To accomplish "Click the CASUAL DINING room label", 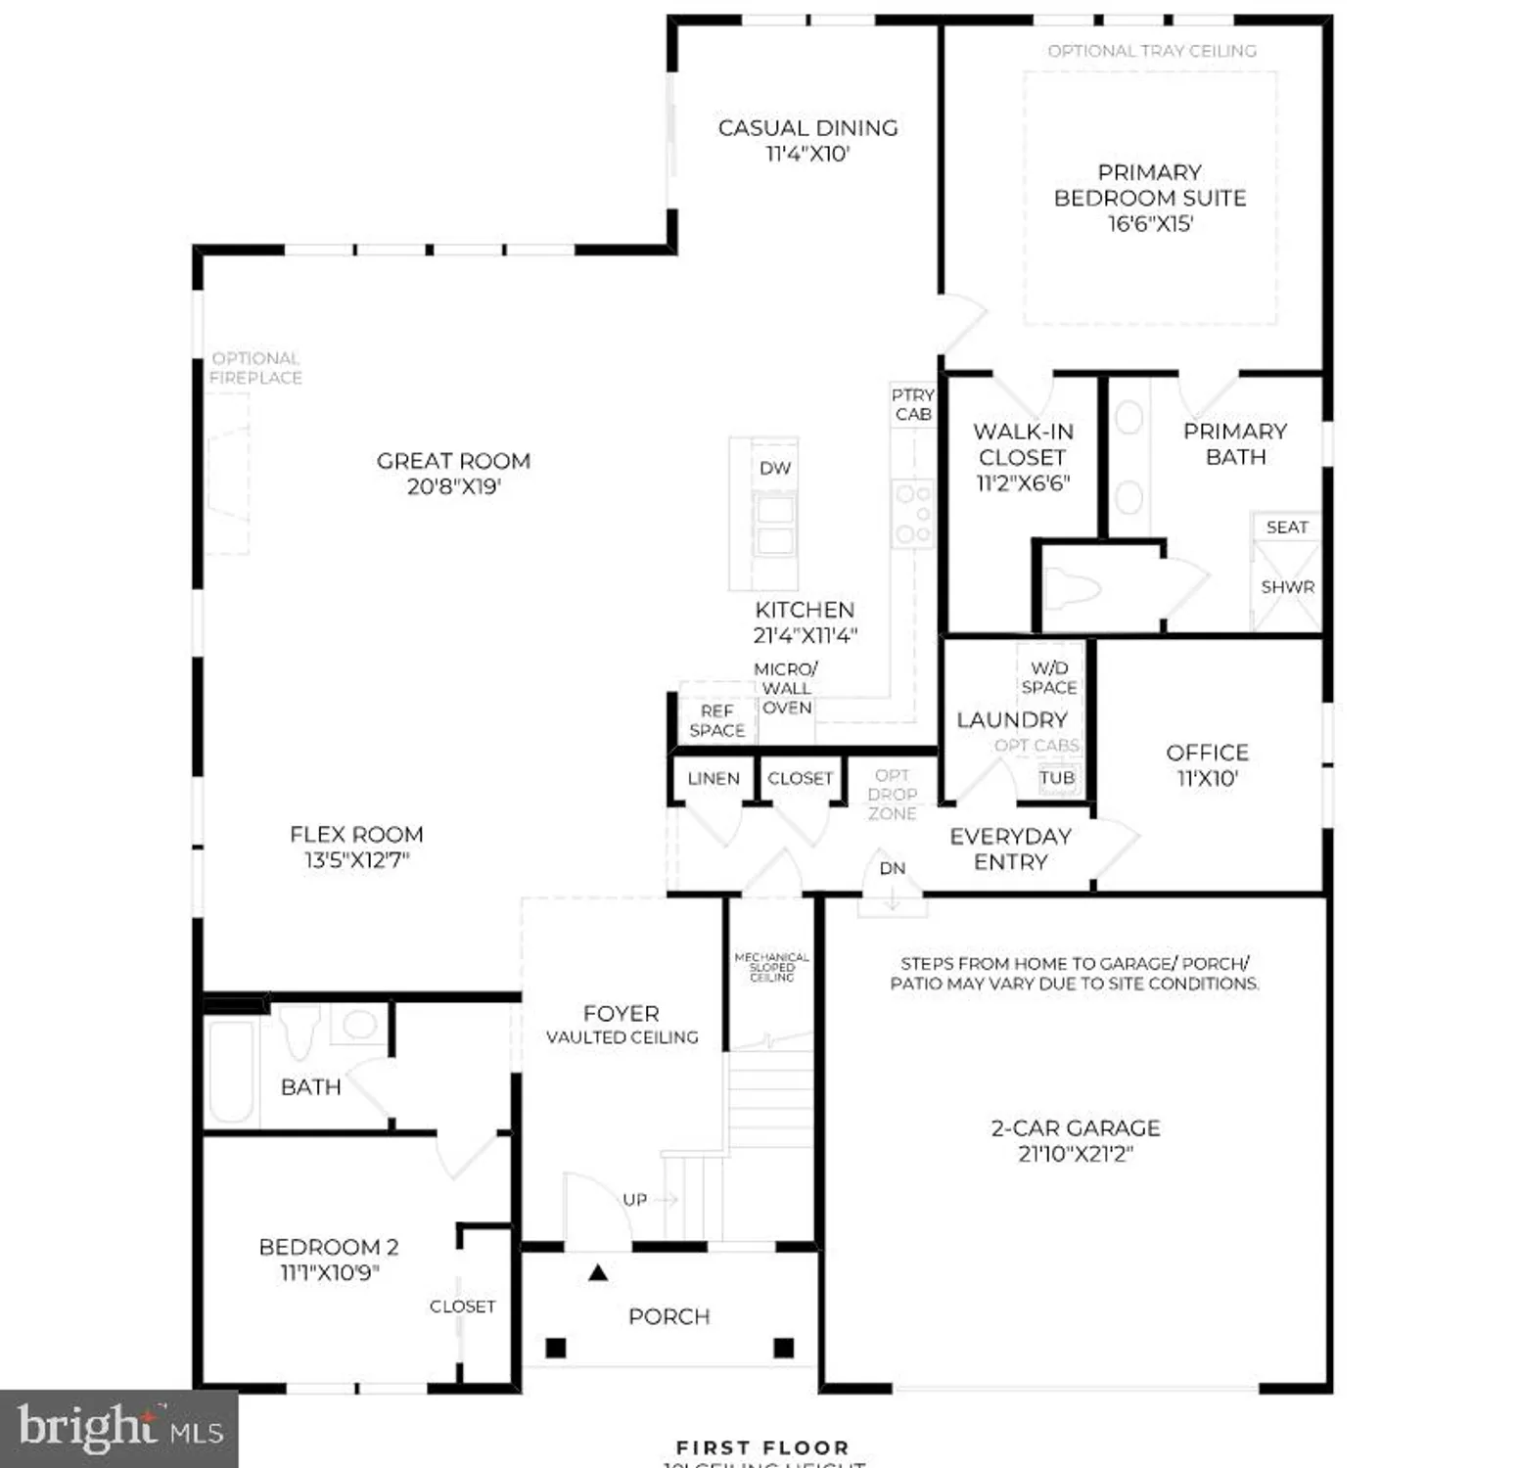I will tap(807, 128).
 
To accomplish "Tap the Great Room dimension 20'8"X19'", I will tap(453, 486).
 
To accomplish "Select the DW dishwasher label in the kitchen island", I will tap(774, 468).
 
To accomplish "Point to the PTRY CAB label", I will tap(912, 404).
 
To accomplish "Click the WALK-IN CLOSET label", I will tap(1023, 444).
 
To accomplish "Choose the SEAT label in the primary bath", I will tap(1286, 527).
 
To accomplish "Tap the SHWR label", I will tap(1287, 587).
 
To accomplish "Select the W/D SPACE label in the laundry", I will tap(1048, 677).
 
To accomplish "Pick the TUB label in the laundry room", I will tap(1057, 778).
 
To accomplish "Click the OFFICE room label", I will tap(1207, 753).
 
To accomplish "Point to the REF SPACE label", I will tap(716, 720).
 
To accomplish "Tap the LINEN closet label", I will tap(713, 778).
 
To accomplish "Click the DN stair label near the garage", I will tap(892, 868).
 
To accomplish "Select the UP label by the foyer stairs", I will tap(634, 1199).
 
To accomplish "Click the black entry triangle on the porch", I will tap(598, 1272).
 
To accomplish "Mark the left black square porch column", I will tap(555, 1348).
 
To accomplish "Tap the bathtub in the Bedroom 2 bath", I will tap(231, 1072).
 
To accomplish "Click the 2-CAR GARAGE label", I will tap(1075, 1127).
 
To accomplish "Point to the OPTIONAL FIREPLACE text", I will tap(255, 368).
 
